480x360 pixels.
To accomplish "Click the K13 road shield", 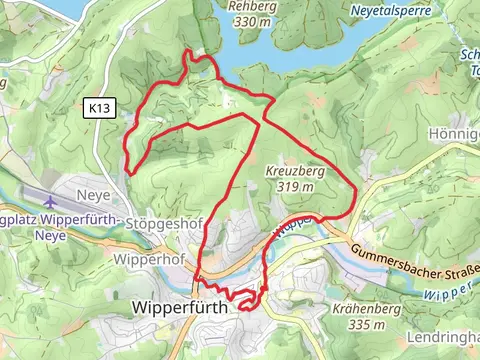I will [x=96, y=106].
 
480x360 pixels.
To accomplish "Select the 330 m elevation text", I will [x=251, y=20].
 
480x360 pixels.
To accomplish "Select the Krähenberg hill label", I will [x=364, y=310].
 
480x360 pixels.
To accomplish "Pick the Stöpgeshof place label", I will [x=160, y=226].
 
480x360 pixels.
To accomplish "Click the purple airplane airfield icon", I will [x=51, y=204].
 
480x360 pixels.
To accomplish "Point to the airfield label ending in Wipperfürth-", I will [x=60, y=220].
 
